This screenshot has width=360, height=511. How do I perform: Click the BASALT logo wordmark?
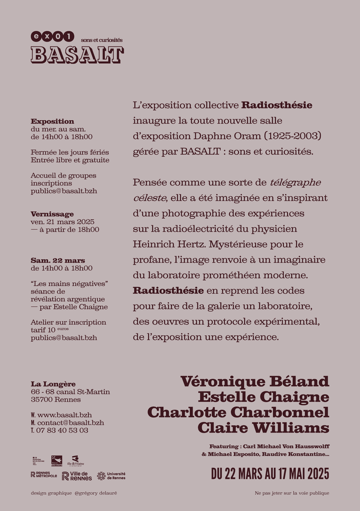77,55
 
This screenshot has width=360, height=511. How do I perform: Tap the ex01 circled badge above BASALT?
52,36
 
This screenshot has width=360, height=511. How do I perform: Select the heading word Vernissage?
52,214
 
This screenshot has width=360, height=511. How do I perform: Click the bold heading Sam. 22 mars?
58,260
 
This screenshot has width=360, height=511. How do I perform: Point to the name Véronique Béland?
255,381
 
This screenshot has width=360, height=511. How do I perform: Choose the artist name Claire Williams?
263,428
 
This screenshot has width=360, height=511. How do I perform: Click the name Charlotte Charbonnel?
238,412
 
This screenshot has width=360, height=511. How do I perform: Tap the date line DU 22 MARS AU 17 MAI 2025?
270,474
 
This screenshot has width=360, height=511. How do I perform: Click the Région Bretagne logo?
57,461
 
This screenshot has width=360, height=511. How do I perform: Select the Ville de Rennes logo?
77,476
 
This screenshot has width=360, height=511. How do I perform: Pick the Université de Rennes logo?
111,476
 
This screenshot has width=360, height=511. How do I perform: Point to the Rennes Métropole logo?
44,475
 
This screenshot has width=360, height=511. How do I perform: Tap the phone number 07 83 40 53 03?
62,430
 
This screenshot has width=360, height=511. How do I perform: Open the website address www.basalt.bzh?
64,415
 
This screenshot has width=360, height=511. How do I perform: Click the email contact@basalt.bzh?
71,423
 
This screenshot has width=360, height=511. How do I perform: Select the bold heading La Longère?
53,384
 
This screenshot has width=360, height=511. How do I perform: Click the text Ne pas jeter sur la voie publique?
292,493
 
